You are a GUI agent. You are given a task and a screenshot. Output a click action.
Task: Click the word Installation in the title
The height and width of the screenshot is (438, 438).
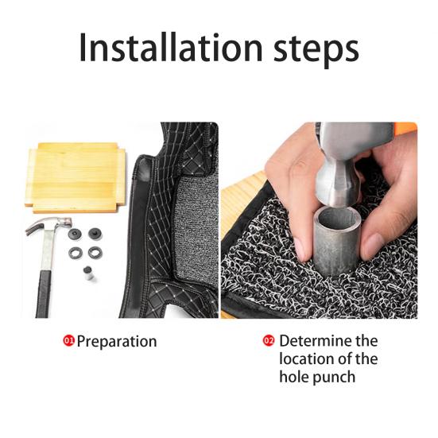click(x=171, y=47)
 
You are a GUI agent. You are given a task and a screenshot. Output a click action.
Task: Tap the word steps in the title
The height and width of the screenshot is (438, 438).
click(x=316, y=50)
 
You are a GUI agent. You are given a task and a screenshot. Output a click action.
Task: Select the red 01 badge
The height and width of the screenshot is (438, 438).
click(x=68, y=341)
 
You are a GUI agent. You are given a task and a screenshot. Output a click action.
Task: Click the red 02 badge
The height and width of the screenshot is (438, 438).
click(x=269, y=340)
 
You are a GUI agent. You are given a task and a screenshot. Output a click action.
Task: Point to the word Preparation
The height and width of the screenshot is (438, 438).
click(x=117, y=342)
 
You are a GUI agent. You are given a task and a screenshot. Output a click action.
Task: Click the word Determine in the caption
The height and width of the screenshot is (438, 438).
click(x=316, y=341)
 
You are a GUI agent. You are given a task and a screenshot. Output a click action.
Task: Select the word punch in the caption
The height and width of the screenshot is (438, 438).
click(x=333, y=378)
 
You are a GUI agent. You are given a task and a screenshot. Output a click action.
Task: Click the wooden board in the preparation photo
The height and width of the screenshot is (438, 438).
click(x=76, y=177)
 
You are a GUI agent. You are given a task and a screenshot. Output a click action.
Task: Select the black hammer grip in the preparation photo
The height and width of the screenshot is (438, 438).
click(x=44, y=294)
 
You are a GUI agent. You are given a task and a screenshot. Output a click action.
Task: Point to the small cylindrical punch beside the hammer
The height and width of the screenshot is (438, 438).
click(x=88, y=273)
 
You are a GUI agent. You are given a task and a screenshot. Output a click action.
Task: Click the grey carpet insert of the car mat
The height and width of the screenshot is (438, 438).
click(x=196, y=228)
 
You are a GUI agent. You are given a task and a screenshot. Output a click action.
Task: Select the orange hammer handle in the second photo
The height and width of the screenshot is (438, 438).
click(x=405, y=129)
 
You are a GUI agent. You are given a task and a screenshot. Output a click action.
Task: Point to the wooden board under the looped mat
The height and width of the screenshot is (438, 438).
click(x=242, y=196)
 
